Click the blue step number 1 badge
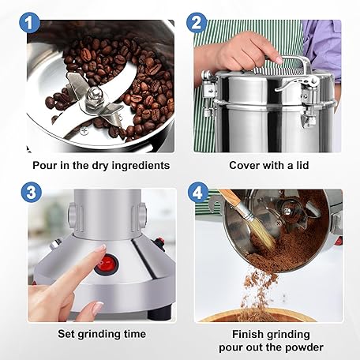pyautogui.click(x=29, y=23)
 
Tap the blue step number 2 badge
pyautogui.click(x=197, y=23)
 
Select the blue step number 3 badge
pyautogui.click(x=32, y=192)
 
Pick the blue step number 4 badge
pyautogui.click(x=198, y=193)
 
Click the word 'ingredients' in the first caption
pyautogui.click(x=141, y=166)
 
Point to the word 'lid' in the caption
pyautogui.click(x=302, y=165)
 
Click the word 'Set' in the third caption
pyautogui.click(x=66, y=334)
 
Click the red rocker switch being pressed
pyautogui.click(x=107, y=264)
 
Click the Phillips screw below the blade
pyautogui.click(x=84, y=130)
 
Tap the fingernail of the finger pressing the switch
pyautogui.click(x=99, y=248)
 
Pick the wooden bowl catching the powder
pyautogui.click(x=257, y=315)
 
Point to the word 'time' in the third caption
pyautogui.click(x=135, y=334)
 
